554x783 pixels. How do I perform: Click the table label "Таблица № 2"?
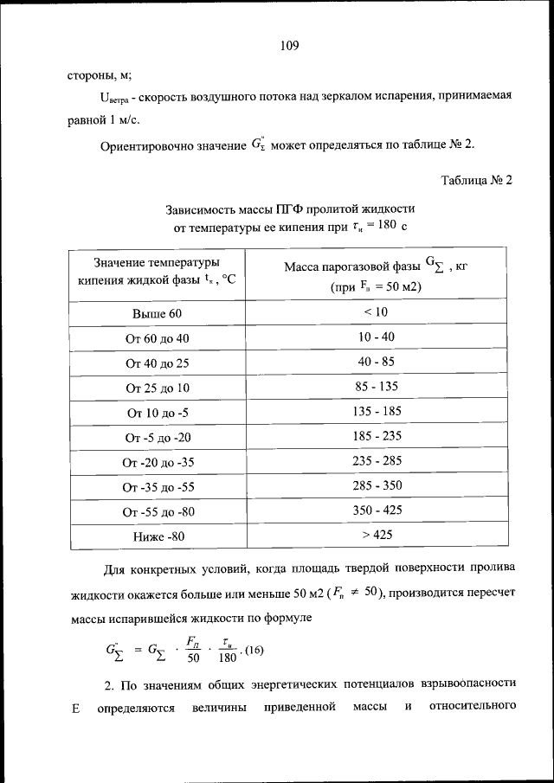[477, 181]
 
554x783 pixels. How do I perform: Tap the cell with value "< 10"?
[376, 311]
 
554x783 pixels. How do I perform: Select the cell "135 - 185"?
[377, 411]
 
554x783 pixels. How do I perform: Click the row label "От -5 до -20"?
[158, 437]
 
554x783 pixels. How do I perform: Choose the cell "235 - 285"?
[377, 460]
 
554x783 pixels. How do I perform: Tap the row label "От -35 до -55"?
[158, 487]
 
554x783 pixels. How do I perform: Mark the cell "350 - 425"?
[377, 510]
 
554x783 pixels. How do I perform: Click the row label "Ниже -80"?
[158, 536]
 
